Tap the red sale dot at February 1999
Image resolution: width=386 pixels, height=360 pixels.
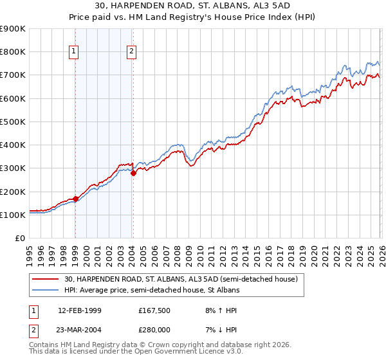pyautogui.click(x=75, y=199)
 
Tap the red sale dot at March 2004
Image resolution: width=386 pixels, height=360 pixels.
pyautogui.click(x=133, y=173)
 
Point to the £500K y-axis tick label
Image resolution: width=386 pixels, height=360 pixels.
pyautogui.click(x=13, y=122)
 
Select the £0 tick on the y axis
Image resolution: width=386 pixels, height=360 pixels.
pyautogui.click(x=21, y=238)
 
